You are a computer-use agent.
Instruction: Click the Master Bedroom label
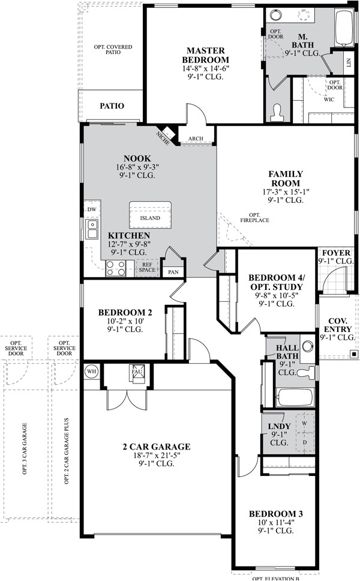tap(206, 55)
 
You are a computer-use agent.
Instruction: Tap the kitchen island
tap(150, 215)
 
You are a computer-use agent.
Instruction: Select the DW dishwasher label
tap(92, 209)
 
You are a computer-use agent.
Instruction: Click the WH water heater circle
tap(91, 372)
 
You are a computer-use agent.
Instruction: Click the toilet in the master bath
tap(276, 112)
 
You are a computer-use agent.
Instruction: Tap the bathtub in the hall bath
tap(295, 397)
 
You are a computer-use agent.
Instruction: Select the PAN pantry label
tap(173, 272)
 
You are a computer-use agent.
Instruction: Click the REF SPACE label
tap(147, 267)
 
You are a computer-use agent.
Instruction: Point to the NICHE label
tap(163, 138)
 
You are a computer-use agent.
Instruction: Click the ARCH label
tap(196, 139)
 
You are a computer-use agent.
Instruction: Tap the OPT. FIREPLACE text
tap(254, 217)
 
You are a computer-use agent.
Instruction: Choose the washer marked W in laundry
tap(304, 423)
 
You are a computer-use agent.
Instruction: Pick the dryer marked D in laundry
tap(305, 442)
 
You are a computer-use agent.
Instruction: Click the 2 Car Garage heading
tap(156, 447)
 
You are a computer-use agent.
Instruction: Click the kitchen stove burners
tap(116, 268)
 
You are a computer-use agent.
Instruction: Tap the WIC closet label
tap(329, 99)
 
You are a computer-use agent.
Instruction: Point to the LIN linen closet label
tap(348, 62)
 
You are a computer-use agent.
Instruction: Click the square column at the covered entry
tap(355, 354)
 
